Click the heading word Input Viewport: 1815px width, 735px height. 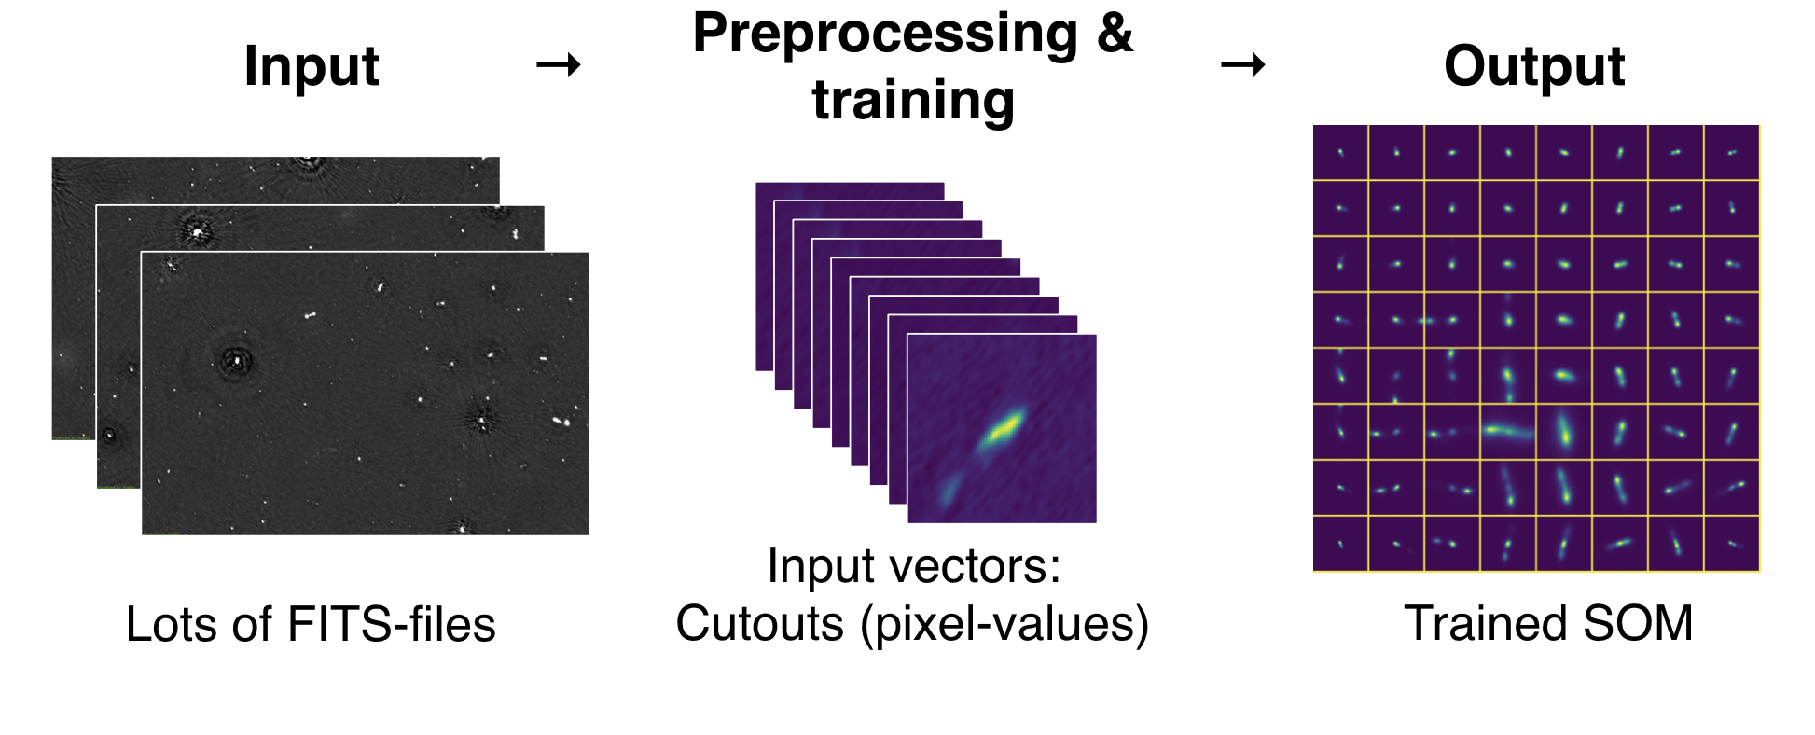312,66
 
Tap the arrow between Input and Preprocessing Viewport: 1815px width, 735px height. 559,64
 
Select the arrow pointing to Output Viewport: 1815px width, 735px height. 1243,64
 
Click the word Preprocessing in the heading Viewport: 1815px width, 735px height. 885,34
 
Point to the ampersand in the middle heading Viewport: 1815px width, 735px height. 1115,34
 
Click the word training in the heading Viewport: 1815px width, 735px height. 913,100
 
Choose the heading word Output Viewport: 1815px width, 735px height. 1534,66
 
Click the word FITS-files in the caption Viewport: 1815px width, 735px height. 392,624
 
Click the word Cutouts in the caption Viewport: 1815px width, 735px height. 759,623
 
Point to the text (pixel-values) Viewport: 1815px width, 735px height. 1004,624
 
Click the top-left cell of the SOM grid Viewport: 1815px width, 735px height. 1341,153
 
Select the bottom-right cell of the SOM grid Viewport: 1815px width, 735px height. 1732,544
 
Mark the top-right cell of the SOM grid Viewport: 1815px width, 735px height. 1732,153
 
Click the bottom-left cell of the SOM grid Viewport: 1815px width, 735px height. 1341,544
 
